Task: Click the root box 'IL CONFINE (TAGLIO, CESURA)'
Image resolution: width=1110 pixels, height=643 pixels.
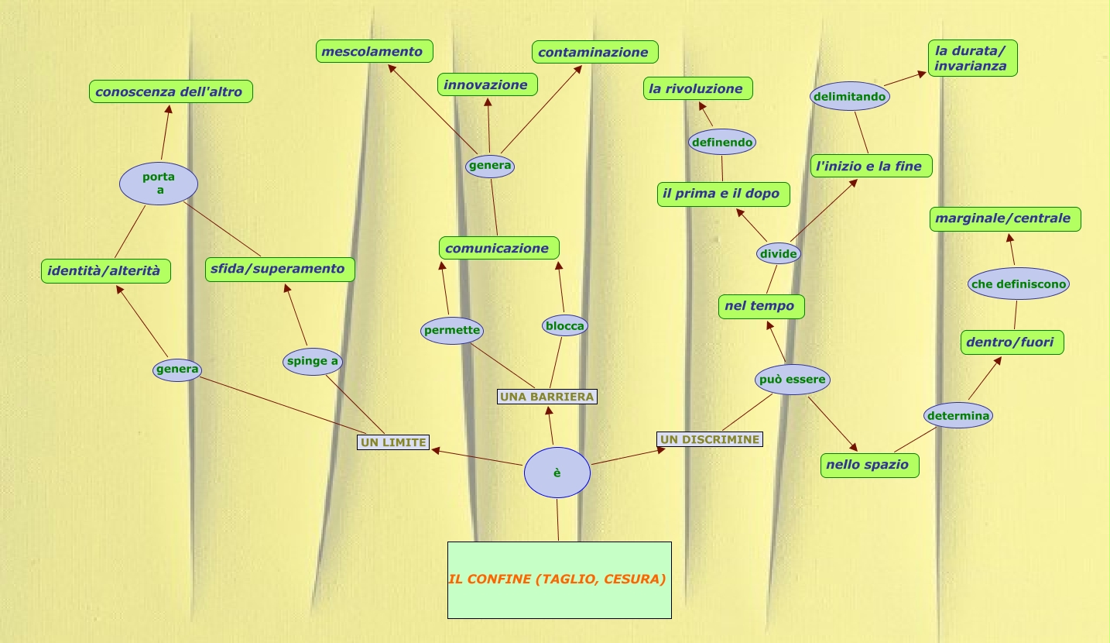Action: tap(559, 579)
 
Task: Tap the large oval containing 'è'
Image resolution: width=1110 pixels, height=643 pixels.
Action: tap(557, 473)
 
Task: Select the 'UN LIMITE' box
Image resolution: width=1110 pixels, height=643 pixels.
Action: tap(393, 442)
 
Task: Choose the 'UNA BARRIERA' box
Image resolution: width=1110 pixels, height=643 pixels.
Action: tap(547, 397)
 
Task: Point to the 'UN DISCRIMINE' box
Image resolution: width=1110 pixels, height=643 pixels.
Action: tap(710, 439)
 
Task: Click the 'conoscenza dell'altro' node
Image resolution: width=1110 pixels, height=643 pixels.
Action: tap(170, 91)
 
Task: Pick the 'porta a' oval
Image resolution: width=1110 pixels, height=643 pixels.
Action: tap(159, 184)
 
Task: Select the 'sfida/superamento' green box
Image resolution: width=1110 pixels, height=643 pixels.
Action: tap(280, 269)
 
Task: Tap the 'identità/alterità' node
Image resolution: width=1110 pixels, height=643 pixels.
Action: tap(105, 271)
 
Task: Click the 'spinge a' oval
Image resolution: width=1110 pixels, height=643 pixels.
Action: tap(313, 361)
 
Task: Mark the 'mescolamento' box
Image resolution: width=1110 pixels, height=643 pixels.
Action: tap(374, 52)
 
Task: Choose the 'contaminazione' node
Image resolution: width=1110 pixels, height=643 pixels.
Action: tap(594, 52)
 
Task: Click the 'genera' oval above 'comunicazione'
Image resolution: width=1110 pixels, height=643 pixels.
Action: tap(490, 166)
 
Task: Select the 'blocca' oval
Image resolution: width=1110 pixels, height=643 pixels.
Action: tap(565, 326)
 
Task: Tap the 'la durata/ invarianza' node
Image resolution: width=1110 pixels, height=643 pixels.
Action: tap(972, 58)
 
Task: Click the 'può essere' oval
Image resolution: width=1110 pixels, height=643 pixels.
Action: tap(793, 380)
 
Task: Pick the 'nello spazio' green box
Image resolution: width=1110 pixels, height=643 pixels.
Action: tap(870, 465)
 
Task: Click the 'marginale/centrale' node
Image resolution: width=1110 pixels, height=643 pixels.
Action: tap(1005, 218)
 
